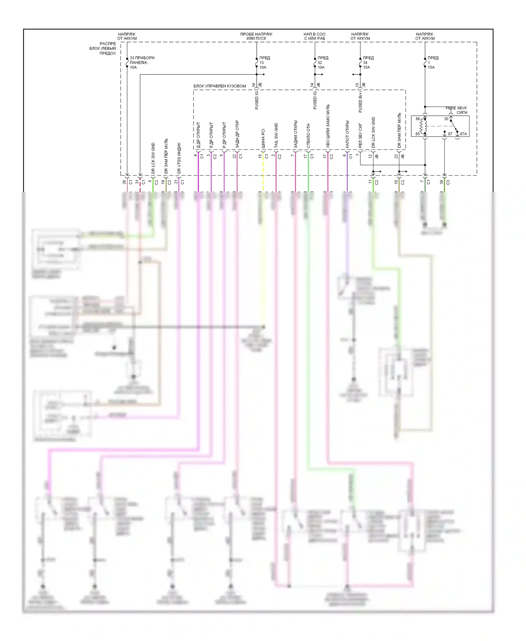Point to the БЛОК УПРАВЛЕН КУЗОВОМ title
(x=220, y=86)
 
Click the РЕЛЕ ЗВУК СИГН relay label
(x=457, y=110)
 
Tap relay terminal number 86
(x=418, y=119)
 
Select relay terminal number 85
(x=418, y=134)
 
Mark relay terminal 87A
(x=463, y=134)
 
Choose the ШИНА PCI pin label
(x=263, y=139)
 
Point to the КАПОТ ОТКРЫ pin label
(x=347, y=134)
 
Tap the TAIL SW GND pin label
(x=276, y=135)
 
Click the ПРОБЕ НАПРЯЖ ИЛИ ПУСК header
(x=256, y=36)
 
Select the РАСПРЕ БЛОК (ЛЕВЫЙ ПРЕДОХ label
(x=103, y=48)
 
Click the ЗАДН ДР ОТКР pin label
(x=237, y=134)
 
